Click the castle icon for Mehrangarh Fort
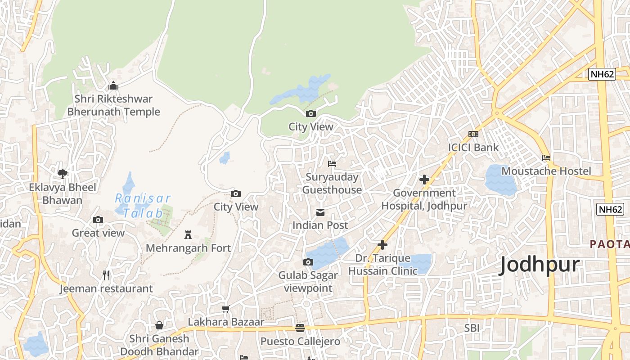[188, 234]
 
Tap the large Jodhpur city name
[540, 265]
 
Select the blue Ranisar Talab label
[143, 205]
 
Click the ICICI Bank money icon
[473, 134]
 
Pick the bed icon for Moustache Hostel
[546, 158]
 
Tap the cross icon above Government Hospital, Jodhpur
[424, 180]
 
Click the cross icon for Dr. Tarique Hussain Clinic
[382, 245]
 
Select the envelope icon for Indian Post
[320, 212]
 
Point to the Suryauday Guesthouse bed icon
[332, 164]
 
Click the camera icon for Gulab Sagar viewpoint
[308, 262]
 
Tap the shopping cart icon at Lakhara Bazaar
[226, 309]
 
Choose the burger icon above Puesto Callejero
[300, 328]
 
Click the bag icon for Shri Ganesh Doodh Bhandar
[159, 325]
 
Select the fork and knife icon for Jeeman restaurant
[106, 275]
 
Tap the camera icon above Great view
[98, 220]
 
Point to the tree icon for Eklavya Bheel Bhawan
[63, 174]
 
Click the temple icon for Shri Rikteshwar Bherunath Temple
[113, 85]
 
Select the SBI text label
[472, 328]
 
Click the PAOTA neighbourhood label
[610, 244]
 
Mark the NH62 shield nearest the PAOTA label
[610, 209]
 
